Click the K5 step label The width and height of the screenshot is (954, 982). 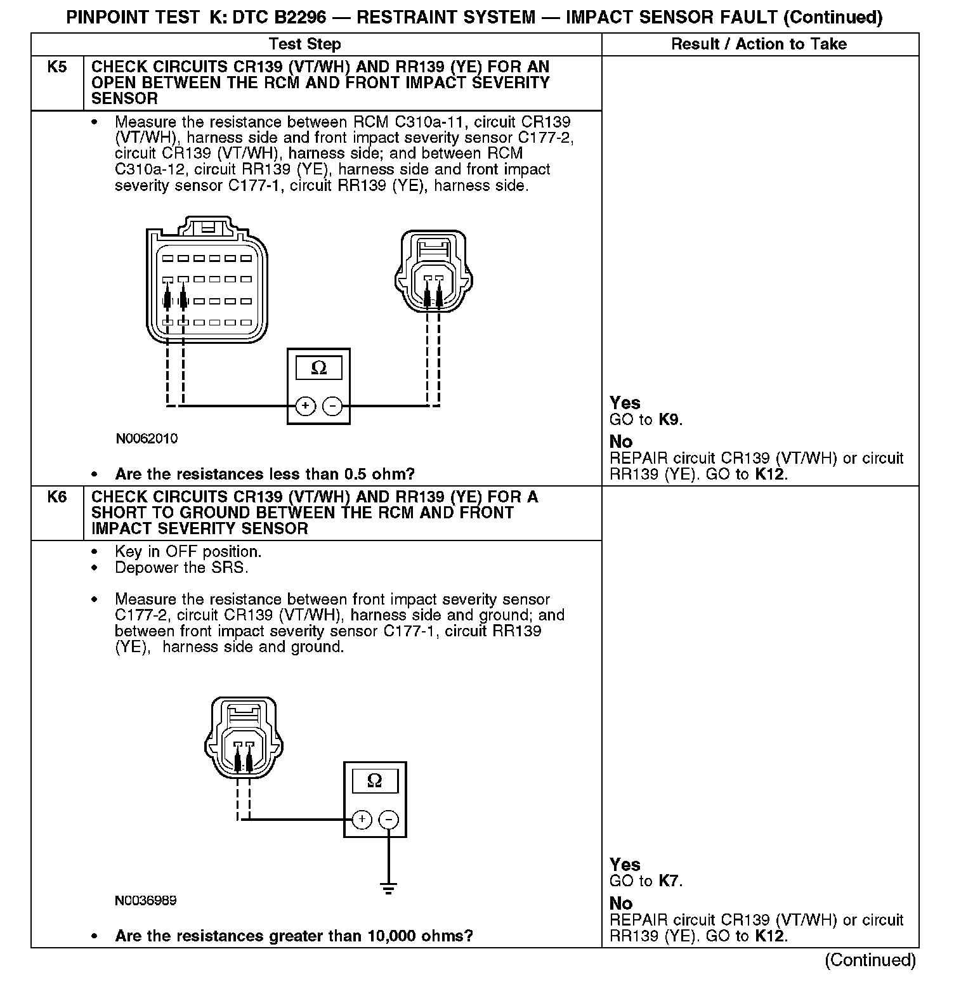57,67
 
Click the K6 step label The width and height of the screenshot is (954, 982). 57,497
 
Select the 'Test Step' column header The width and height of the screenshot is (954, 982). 304,44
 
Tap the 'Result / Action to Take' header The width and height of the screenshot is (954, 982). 759,44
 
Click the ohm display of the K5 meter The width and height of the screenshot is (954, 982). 318,369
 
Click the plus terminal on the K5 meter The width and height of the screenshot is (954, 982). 305,405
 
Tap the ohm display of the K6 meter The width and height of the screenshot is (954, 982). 375,781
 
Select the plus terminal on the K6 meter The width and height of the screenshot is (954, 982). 362,819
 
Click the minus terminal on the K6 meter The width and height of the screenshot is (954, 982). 389,819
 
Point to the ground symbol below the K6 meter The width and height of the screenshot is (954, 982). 389,887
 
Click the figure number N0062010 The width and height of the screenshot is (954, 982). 147,438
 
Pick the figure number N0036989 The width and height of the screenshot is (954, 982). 146,900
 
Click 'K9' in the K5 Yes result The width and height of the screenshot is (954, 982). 669,419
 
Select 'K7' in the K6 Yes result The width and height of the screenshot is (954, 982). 669,881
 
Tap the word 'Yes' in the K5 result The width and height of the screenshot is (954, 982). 625,403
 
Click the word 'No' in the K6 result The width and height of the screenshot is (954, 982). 621,903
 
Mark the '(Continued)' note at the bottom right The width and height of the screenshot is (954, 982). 870,960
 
